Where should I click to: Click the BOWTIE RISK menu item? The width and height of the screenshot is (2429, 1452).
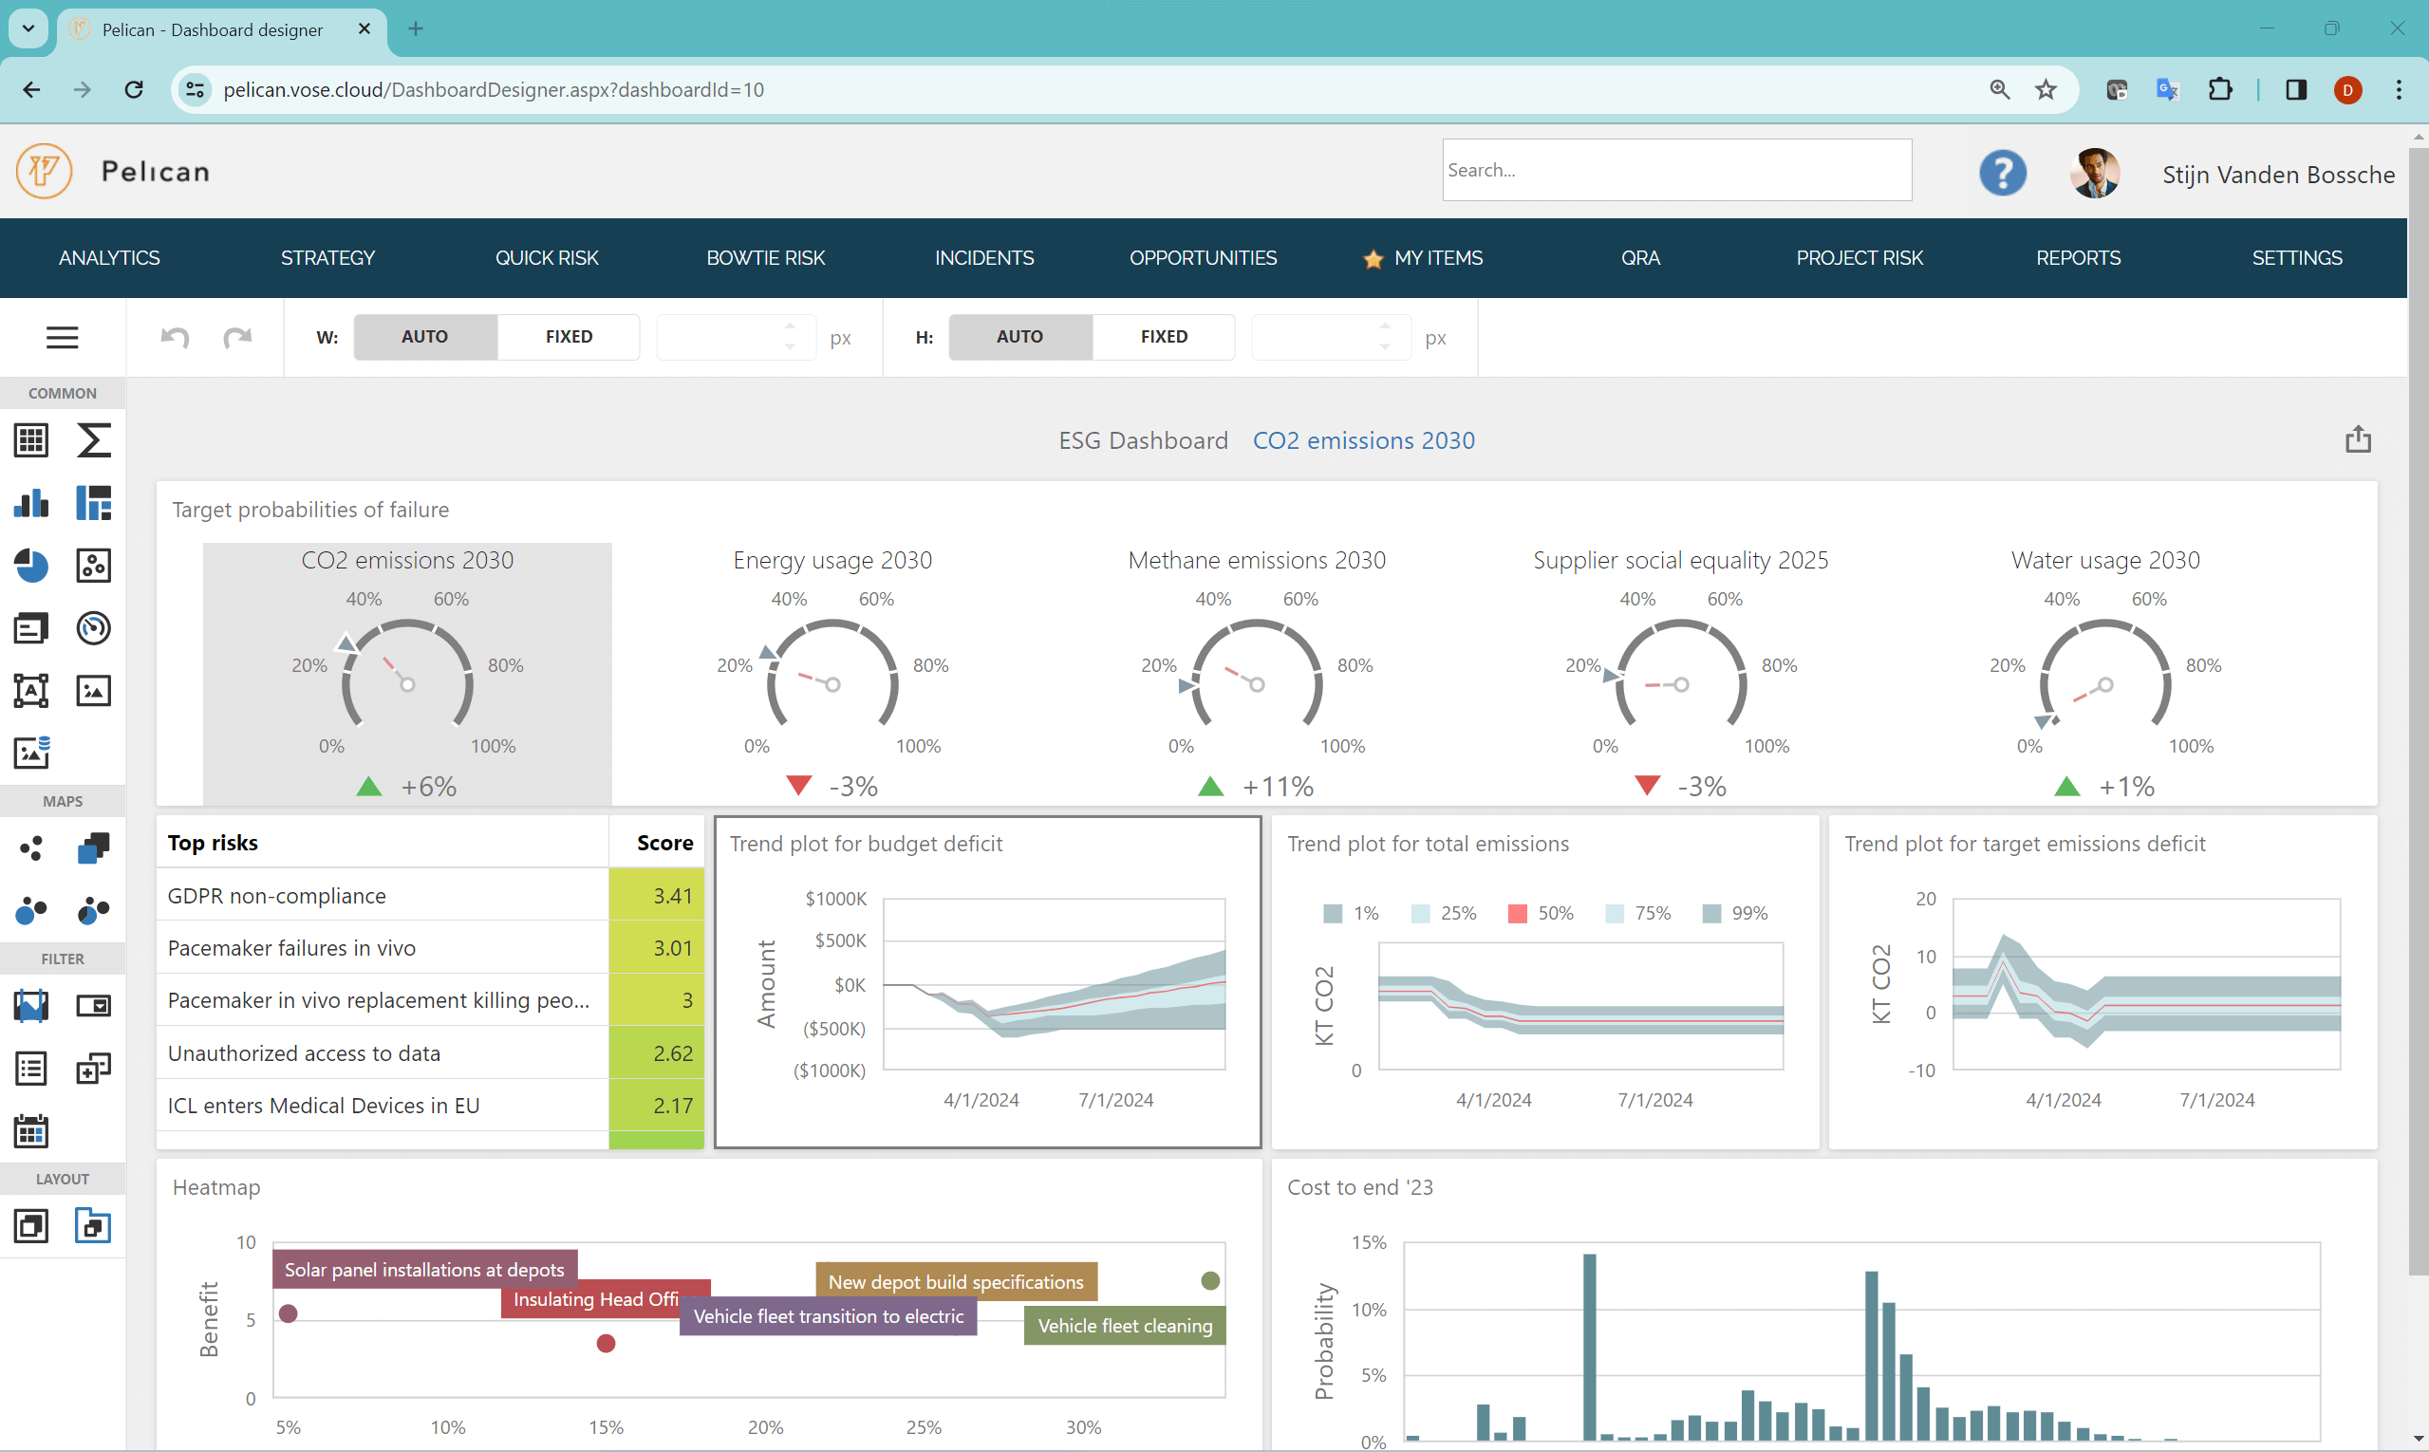tap(765, 257)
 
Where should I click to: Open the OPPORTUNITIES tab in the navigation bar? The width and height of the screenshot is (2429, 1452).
tap(1203, 257)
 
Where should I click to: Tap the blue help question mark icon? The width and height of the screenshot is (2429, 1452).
tap(2002, 173)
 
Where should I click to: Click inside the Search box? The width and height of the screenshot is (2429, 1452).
tap(1675, 170)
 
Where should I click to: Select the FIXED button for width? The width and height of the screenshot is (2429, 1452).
tap(569, 337)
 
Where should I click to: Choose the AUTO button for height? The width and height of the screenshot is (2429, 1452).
tap(1019, 337)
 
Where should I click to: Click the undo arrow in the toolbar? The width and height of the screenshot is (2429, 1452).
tap(176, 338)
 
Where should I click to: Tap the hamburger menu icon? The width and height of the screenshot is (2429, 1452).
tap(63, 338)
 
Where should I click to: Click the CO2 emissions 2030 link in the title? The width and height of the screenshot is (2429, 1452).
tap(1363, 440)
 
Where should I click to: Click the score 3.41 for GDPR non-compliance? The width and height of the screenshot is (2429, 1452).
tap(672, 895)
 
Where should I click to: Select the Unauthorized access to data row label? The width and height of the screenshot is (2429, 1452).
tap(305, 1052)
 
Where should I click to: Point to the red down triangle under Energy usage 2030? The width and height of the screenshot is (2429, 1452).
tap(798, 785)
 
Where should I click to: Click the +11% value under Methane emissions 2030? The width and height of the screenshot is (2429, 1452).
tap(1277, 786)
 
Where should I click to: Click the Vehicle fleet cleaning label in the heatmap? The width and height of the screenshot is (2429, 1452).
tap(1125, 1326)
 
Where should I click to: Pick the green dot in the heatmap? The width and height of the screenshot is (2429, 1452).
tap(1210, 1281)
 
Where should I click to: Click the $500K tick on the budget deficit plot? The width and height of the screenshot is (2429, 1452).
tap(840, 940)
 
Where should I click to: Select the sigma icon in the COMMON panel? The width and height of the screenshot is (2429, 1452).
tap(93, 440)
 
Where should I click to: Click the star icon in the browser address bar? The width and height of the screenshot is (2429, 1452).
tap(2046, 90)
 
